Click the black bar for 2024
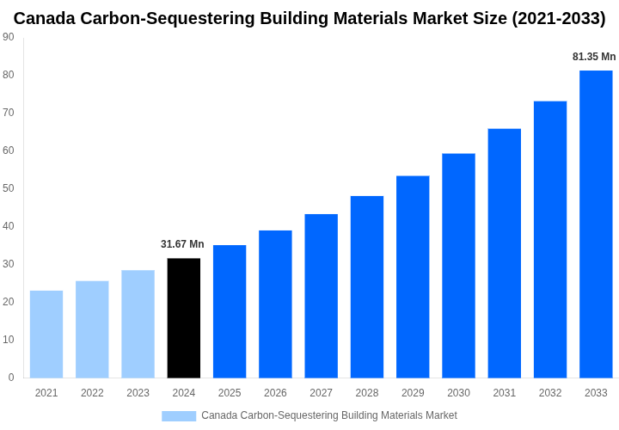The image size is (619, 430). (184, 318)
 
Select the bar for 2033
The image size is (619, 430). (596, 224)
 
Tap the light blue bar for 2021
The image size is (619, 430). (46, 335)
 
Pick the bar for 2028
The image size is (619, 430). (367, 287)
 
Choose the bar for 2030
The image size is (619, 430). (458, 266)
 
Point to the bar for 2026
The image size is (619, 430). (275, 304)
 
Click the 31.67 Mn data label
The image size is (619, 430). (182, 244)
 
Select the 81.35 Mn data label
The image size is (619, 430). (594, 57)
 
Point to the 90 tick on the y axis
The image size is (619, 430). (9, 37)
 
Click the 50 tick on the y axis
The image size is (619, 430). (9, 188)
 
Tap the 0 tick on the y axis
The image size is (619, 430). (11, 378)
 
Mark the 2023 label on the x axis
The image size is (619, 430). (138, 393)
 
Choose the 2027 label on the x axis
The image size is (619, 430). (321, 393)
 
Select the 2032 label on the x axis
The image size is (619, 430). (550, 393)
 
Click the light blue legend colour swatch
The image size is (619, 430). (179, 416)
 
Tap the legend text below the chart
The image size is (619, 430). (329, 416)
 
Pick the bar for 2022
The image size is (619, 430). (92, 329)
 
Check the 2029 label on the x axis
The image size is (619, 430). (413, 393)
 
